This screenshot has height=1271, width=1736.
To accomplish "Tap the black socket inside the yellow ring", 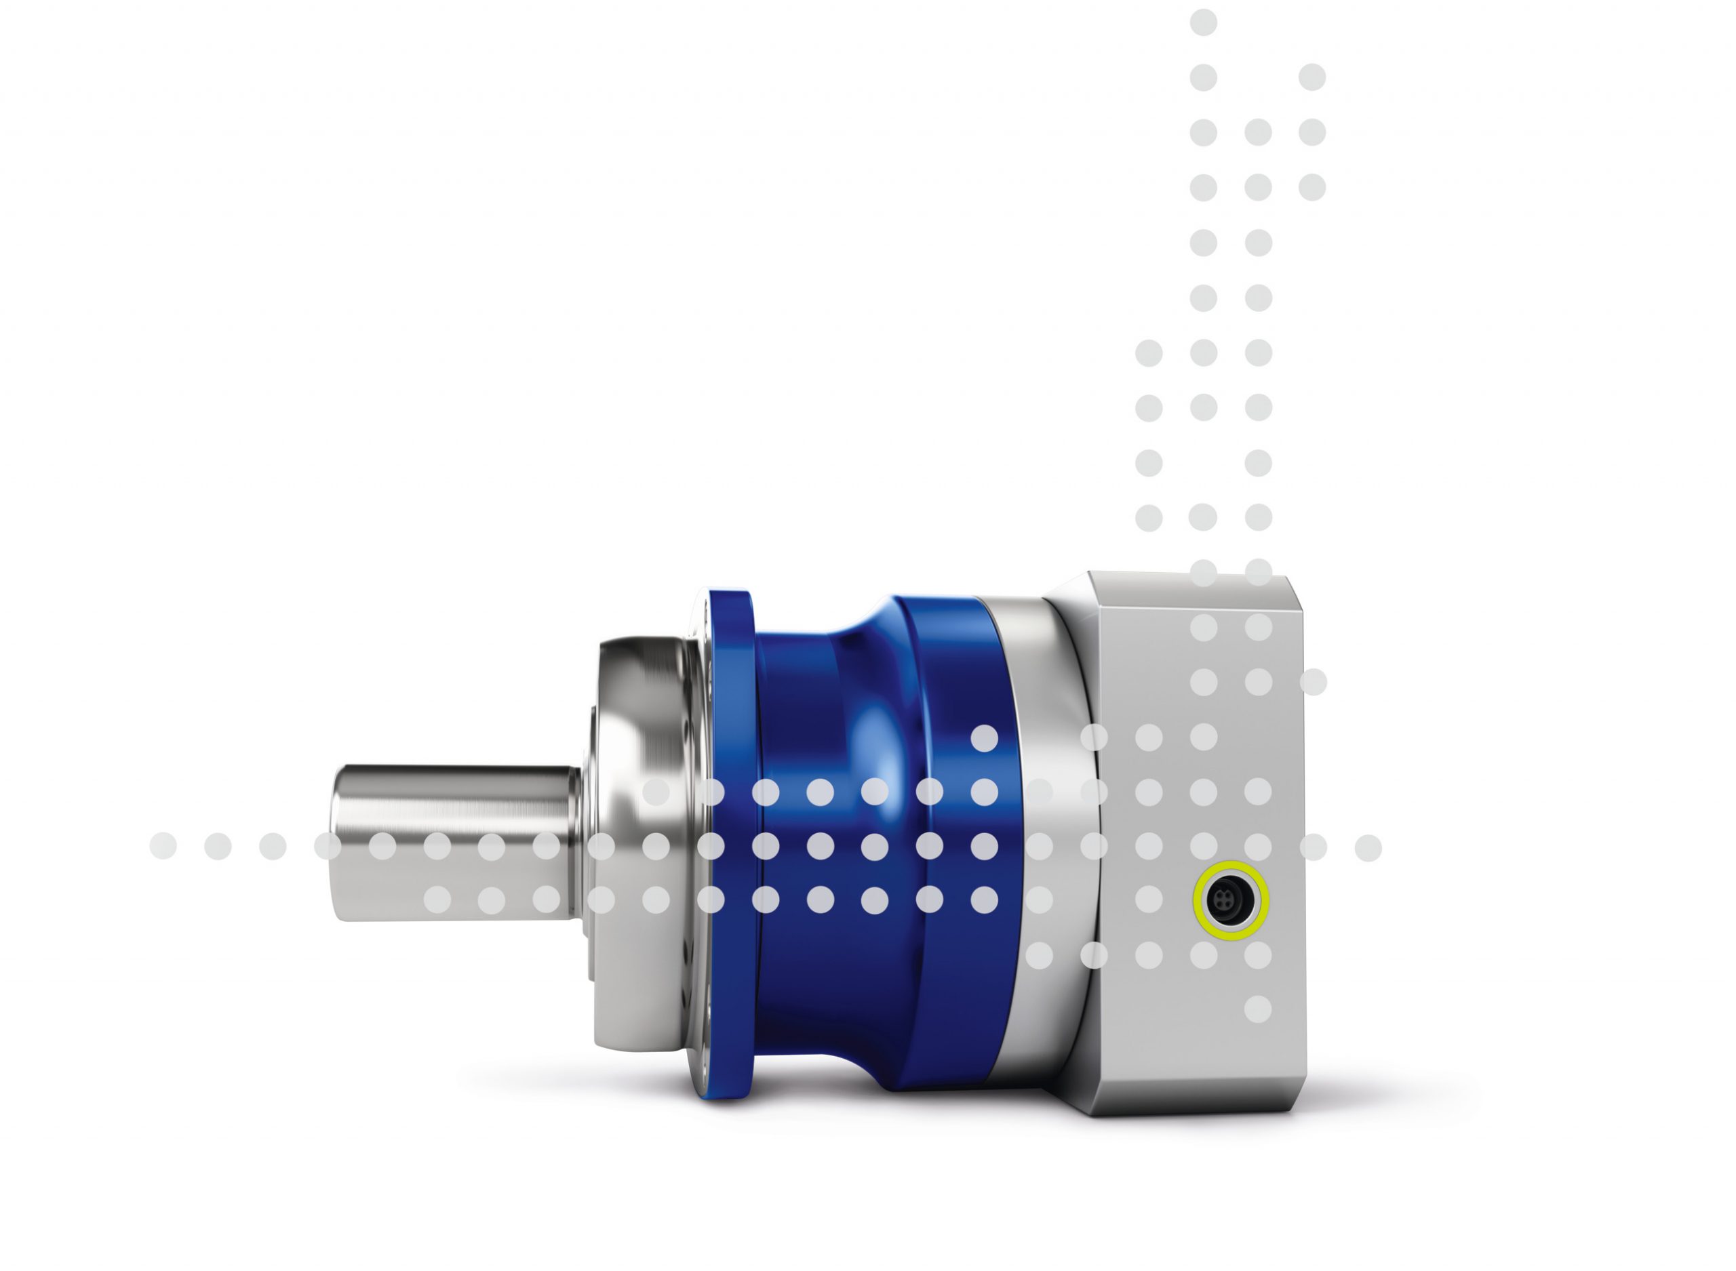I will click(x=1229, y=900).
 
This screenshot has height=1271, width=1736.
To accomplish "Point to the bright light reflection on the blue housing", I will click(x=877, y=739).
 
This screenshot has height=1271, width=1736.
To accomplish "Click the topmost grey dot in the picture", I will click(x=1204, y=22).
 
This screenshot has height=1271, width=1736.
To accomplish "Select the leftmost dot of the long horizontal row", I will click(x=162, y=846).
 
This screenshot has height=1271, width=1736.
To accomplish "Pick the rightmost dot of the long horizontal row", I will click(x=1367, y=848).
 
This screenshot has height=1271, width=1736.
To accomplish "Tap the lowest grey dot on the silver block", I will click(x=1257, y=1009).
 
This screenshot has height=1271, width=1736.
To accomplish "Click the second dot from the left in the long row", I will click(x=218, y=846).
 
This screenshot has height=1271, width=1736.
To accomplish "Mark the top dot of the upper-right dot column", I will click(x=1312, y=77).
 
